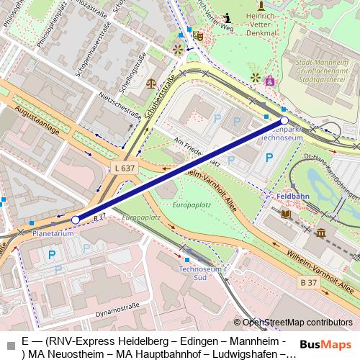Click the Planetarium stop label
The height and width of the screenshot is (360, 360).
(x=53, y=234)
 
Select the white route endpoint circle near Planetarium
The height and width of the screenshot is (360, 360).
(x=76, y=220)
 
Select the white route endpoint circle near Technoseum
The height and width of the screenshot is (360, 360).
(x=284, y=121)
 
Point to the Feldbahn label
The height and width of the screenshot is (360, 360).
(x=292, y=195)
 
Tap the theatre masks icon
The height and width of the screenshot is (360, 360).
(x=199, y=35)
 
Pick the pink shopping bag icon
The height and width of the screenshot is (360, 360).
(x=270, y=81)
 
